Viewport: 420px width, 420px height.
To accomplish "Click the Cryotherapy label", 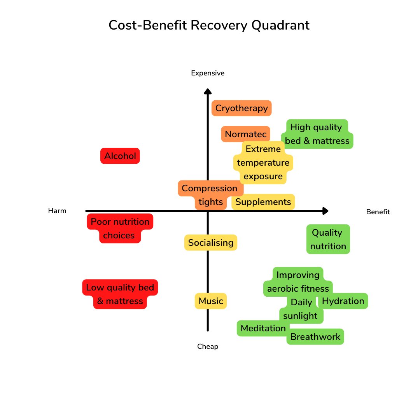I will tap(241, 108).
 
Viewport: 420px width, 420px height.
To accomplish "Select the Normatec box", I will tap(245, 135).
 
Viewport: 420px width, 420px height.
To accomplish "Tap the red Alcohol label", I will tap(120, 156).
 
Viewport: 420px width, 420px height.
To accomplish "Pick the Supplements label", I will tap(263, 202).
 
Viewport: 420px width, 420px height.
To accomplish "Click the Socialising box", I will tap(211, 243).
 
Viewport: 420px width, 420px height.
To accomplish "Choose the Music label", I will tap(211, 301).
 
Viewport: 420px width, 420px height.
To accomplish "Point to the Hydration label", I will tap(343, 301).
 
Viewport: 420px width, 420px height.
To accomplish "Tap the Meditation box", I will tap(263, 328).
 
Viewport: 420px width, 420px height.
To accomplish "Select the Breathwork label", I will tap(315, 337).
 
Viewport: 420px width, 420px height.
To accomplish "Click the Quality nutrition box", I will tap(328, 239).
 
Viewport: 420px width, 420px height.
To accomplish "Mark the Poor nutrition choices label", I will tap(120, 229).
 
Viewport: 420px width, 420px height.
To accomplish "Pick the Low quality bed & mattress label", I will tap(120, 294).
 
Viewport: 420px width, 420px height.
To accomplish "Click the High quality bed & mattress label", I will tap(317, 134).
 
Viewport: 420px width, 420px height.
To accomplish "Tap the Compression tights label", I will tap(210, 195).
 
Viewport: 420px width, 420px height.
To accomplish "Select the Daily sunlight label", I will tap(301, 309).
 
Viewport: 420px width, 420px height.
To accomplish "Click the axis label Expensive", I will tap(208, 73).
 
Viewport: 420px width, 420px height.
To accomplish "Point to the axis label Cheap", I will tap(208, 346).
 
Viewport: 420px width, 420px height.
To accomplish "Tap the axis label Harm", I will tap(57, 211).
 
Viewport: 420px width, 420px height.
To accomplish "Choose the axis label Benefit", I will tap(378, 212).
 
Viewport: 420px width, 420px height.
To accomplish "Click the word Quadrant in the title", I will tap(281, 25).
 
